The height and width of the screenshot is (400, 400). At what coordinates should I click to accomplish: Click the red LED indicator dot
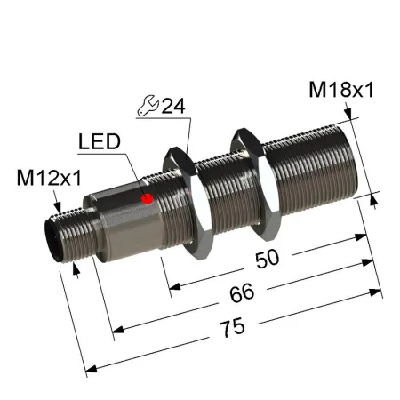click(x=148, y=199)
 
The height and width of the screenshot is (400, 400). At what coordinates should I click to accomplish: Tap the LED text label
click(x=100, y=141)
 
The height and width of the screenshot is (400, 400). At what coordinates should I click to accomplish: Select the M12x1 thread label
click(x=49, y=178)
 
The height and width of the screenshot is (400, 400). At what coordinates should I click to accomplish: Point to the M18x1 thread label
click(x=341, y=90)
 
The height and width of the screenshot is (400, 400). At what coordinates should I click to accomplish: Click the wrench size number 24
click(x=173, y=106)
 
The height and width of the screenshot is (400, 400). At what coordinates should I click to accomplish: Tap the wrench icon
click(x=148, y=105)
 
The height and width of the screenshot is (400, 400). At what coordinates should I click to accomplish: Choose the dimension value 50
click(x=268, y=259)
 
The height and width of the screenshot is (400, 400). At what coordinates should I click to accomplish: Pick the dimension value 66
click(x=242, y=293)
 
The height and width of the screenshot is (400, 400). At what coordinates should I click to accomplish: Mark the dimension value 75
click(x=233, y=327)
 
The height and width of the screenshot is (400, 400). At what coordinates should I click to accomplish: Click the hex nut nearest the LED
click(x=188, y=203)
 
